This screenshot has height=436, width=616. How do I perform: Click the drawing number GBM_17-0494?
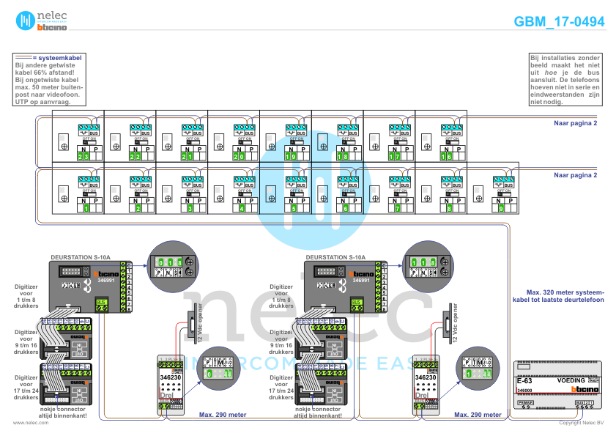[559, 21]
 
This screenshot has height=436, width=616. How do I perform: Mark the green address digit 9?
[500, 209]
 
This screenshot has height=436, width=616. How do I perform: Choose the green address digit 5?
[293, 209]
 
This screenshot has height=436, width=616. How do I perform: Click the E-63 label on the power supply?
[524, 382]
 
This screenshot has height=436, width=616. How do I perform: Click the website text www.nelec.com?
[26, 423]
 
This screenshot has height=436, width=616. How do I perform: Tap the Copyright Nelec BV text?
[581, 423]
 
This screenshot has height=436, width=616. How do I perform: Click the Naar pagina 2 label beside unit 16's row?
[576, 124]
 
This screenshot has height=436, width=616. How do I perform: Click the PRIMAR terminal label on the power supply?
[525, 403]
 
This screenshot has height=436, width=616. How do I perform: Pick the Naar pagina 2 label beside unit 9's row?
[576, 175]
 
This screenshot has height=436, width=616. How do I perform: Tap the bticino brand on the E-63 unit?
[587, 390]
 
